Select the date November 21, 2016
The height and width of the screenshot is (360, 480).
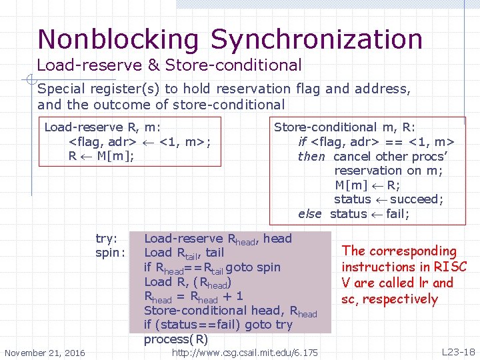pyautogui.click(x=45, y=353)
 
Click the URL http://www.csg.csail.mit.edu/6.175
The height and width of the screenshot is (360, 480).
pyautogui.click(x=245, y=352)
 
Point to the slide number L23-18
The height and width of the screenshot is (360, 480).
pyautogui.click(x=458, y=351)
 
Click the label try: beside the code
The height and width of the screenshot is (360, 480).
pyautogui.click(x=107, y=238)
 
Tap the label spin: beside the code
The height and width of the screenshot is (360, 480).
pyautogui.click(x=110, y=253)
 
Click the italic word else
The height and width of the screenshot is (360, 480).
pyautogui.click(x=310, y=214)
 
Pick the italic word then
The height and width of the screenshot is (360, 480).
pyautogui.click(x=311, y=157)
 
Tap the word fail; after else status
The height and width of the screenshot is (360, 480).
pyautogui.click(x=397, y=214)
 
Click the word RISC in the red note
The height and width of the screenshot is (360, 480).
pyautogui.click(x=451, y=267)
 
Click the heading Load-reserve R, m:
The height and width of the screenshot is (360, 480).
pyautogui.click(x=102, y=127)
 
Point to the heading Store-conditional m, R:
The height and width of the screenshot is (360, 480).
pyautogui.click(x=345, y=127)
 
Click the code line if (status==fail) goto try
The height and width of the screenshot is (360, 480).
pyautogui.click(x=218, y=325)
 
